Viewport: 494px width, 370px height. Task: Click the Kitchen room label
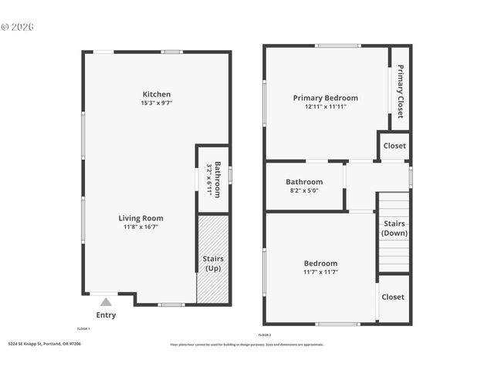[x=156, y=94]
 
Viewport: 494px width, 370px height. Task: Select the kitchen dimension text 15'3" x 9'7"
[x=156, y=103]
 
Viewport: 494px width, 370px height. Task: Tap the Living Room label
[x=140, y=218]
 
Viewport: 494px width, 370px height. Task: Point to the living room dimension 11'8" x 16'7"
[x=140, y=227]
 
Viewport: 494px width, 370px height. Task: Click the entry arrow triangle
[x=106, y=302]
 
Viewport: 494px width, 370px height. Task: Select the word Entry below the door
[x=106, y=314]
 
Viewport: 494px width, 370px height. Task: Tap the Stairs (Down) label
[x=394, y=228]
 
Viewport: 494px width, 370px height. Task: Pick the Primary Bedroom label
[x=325, y=98]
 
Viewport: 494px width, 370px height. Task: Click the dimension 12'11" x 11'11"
[x=325, y=106]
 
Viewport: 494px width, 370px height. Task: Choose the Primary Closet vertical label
[x=401, y=91]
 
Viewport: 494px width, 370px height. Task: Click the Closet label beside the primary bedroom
[x=394, y=146]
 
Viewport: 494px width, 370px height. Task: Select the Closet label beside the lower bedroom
[x=393, y=297]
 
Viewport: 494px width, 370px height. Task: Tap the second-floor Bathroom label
[x=304, y=182]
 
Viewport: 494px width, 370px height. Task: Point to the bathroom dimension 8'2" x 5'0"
[x=304, y=190]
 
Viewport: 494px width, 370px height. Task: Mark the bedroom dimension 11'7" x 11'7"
[x=320, y=271]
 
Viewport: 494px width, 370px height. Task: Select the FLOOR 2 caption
[x=265, y=335]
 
